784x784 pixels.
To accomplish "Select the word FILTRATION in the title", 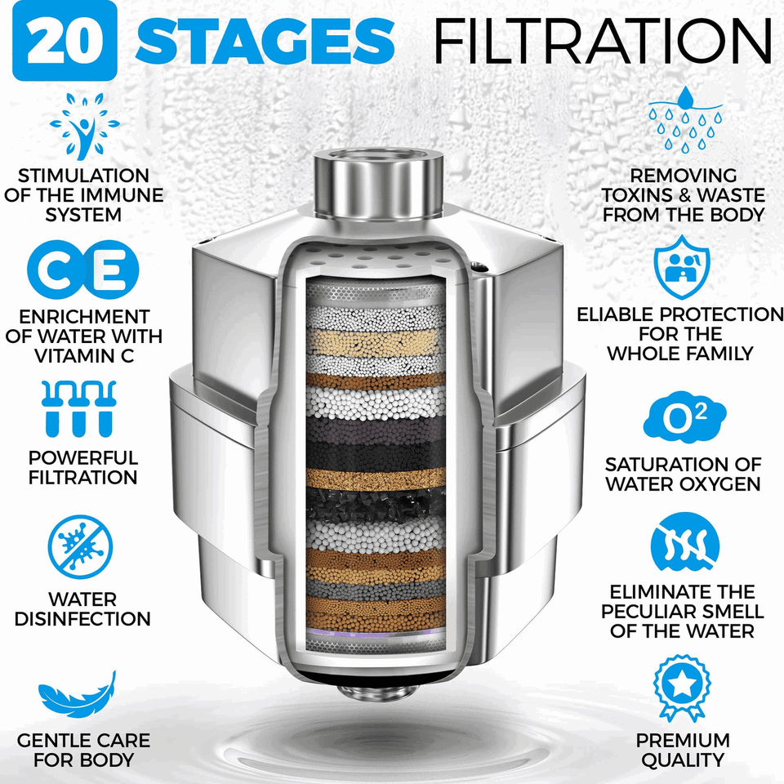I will (603, 41).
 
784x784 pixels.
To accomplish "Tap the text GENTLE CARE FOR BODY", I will (84, 751).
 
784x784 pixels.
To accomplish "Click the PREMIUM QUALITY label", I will (684, 751).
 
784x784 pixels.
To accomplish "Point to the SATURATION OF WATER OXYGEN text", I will (683, 474).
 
